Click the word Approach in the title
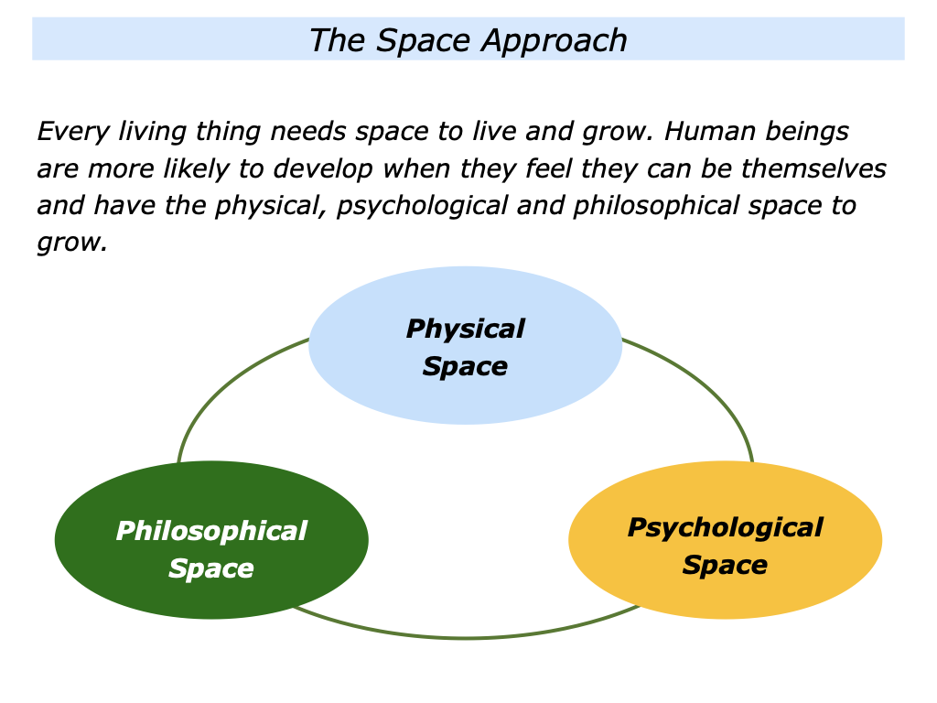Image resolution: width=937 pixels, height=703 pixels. pos(555,41)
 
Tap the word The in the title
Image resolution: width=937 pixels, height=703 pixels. pos(337,40)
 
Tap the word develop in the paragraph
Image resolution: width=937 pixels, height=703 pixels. pos(323,169)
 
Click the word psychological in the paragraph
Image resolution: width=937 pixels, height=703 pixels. pos(422,206)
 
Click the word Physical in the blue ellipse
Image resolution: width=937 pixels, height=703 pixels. pos(466,330)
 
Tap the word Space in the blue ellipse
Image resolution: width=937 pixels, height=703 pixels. pos(465,366)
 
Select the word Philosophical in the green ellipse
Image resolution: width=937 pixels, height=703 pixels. pos(211,531)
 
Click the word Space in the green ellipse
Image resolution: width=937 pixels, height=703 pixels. pos(211,568)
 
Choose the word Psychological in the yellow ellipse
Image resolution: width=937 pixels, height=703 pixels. pos(726,528)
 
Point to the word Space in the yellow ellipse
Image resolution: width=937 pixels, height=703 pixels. pos(725,565)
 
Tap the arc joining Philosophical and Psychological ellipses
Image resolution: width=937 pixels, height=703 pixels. pos(466,637)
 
